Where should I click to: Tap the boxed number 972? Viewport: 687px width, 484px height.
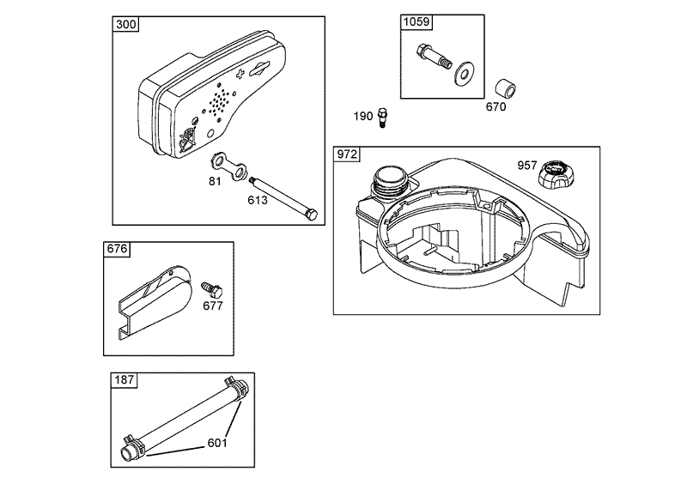(348, 154)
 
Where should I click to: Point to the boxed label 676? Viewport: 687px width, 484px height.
(117, 250)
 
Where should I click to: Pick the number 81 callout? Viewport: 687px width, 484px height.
(215, 180)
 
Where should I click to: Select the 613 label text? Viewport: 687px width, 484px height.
(258, 200)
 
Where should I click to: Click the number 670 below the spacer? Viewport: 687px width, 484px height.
(495, 107)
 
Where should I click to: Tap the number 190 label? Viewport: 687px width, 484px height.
(364, 116)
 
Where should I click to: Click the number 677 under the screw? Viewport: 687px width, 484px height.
(212, 305)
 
